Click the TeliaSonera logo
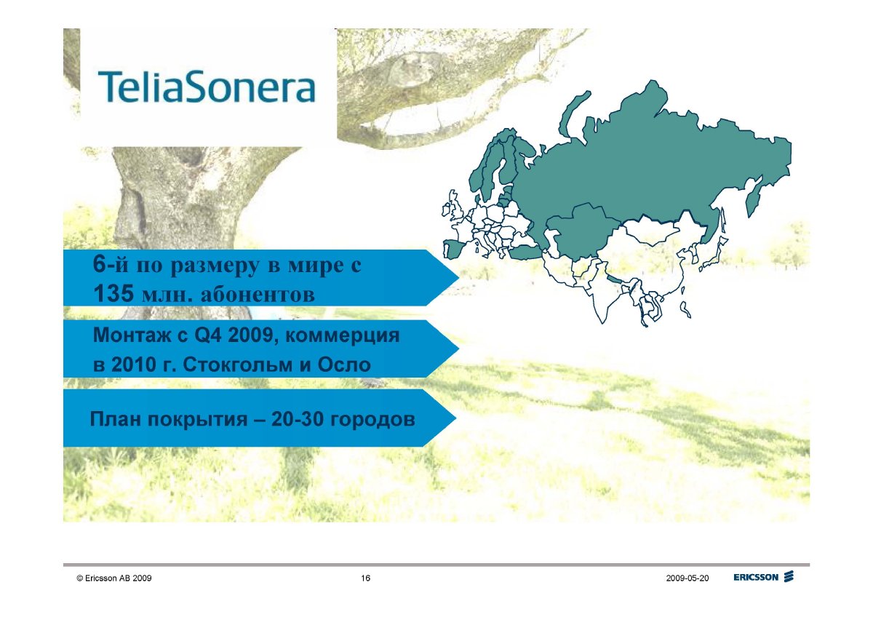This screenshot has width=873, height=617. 206,87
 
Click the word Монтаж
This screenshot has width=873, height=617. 132,335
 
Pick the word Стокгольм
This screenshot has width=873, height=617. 237,365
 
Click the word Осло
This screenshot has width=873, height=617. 344,365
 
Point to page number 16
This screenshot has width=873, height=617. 365,578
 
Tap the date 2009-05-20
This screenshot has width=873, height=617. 687,578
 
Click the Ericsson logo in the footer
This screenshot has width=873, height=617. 763,577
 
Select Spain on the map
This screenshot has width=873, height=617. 456,249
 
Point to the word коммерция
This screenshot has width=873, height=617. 343,336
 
